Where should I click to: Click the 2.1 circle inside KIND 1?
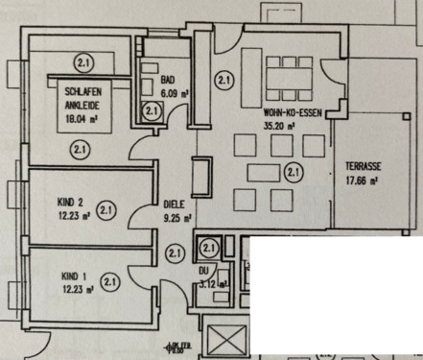pos(109,281)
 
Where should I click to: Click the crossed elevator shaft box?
pos(226,340)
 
